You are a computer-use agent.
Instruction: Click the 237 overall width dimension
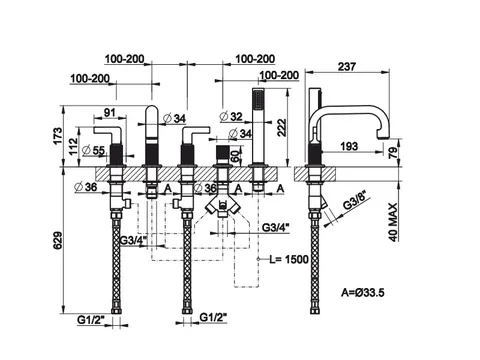click(347, 67)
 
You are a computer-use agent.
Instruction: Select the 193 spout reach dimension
click(349, 146)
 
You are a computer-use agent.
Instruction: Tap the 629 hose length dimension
click(57, 240)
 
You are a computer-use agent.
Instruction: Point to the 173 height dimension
click(57, 136)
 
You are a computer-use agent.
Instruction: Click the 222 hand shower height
click(282, 127)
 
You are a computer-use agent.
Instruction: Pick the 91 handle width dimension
click(109, 113)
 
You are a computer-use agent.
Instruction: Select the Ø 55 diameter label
click(93, 150)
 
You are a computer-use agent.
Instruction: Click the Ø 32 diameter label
click(231, 116)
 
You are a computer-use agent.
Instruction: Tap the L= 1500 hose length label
click(289, 259)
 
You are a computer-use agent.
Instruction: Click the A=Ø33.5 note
click(363, 293)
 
